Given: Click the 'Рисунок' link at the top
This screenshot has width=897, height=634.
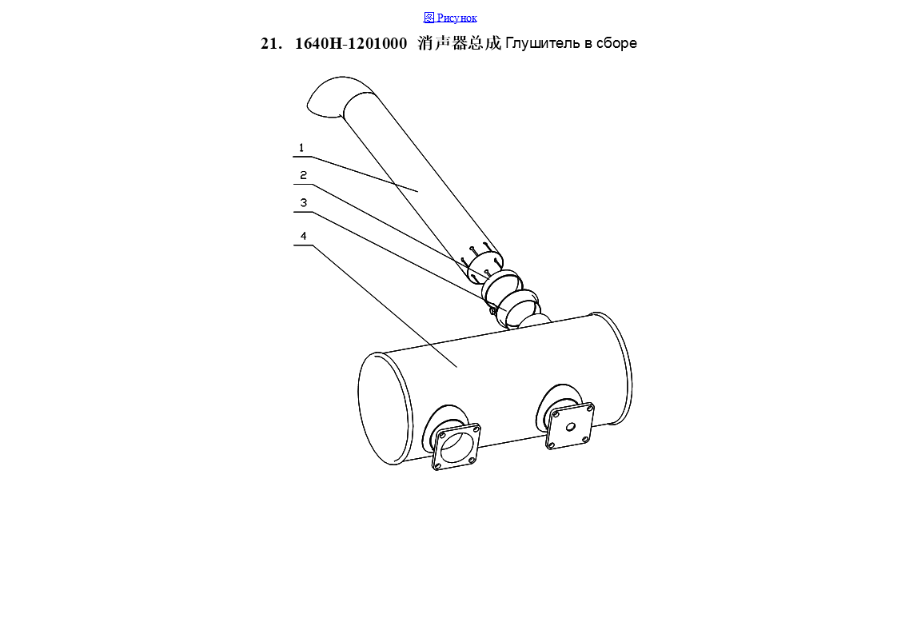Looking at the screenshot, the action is [x=456, y=18].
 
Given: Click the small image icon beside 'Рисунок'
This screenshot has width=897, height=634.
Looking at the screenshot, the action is [x=429, y=17].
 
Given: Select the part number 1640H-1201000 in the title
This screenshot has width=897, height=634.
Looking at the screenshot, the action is [x=351, y=43].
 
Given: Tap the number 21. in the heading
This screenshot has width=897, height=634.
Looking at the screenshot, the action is [x=271, y=43].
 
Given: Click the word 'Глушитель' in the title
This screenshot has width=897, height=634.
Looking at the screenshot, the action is [x=543, y=43].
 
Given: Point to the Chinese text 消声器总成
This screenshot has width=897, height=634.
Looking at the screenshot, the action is [x=460, y=43].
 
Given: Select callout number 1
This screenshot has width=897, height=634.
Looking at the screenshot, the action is [x=301, y=148].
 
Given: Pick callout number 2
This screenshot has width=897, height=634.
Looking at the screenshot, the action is [x=303, y=175].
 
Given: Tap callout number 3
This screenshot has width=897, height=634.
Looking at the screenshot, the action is [x=303, y=202].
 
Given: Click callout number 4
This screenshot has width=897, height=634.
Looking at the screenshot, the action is [x=303, y=236].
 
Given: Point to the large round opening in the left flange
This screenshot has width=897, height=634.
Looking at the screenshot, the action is [x=456, y=447].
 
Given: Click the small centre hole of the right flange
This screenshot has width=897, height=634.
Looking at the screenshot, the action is [x=570, y=427].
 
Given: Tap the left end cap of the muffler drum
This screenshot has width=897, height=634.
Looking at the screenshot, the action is [x=385, y=409].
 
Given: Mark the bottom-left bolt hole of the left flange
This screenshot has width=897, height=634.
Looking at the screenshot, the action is [x=438, y=466].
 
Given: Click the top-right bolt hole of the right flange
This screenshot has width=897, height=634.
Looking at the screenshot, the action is [x=589, y=408].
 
